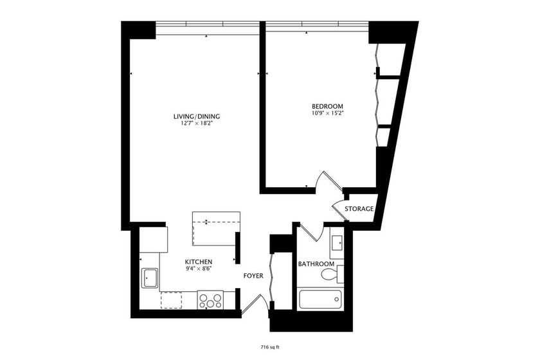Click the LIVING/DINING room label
pyautogui.click(x=197, y=116)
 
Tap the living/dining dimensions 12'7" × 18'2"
pyautogui.click(x=197, y=123)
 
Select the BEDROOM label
pyautogui.click(x=327, y=106)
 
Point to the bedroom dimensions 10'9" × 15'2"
pyautogui.click(x=327, y=113)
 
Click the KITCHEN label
pyautogui.click(x=199, y=262)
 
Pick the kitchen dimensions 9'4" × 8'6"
pyautogui.click(x=199, y=269)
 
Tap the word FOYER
pyautogui.click(x=253, y=276)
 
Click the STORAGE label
pyautogui.click(x=359, y=209)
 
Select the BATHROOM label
pyautogui.click(x=316, y=264)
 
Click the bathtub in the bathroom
pyautogui.click(x=321, y=300)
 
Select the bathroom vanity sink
pyautogui.click(x=337, y=242)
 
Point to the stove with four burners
pyautogui.click(x=210, y=299)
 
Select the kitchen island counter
pyautogui.click(x=216, y=228)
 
